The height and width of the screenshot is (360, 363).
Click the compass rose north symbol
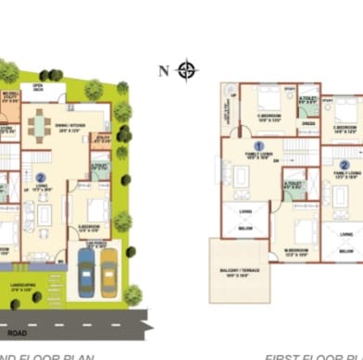(x=187, y=70)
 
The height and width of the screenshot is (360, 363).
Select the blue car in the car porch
(x=87, y=267)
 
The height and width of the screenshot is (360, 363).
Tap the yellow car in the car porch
(x=108, y=267)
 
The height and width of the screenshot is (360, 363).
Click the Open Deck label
(x=39, y=87)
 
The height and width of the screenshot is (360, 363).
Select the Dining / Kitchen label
(x=70, y=131)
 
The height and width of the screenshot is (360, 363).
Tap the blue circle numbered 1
(x=259, y=145)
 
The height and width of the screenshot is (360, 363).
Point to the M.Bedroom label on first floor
(x=296, y=250)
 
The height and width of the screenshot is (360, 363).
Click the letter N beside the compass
(x=164, y=70)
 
